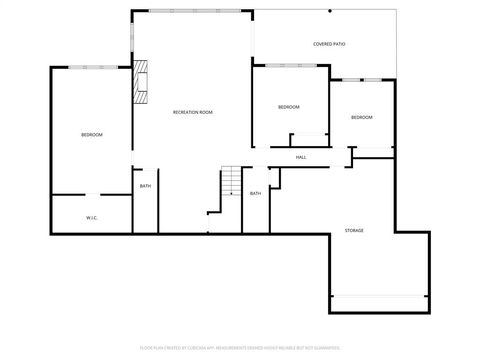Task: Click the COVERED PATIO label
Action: [x=329, y=44]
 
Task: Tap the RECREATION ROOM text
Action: [x=192, y=112]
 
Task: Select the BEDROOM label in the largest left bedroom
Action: [x=92, y=134]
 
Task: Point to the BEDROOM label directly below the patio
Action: [x=288, y=107]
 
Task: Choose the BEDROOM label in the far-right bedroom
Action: [x=361, y=118]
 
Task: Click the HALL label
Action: [x=300, y=157]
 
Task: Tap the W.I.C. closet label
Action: [x=91, y=217]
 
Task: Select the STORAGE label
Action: [x=354, y=230]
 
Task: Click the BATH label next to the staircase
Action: [x=255, y=193]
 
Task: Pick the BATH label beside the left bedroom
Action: [x=145, y=186]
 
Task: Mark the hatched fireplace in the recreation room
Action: [x=141, y=83]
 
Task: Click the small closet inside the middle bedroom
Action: [x=310, y=139]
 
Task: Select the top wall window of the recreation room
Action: [x=191, y=11]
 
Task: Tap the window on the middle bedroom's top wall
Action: [x=290, y=66]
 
